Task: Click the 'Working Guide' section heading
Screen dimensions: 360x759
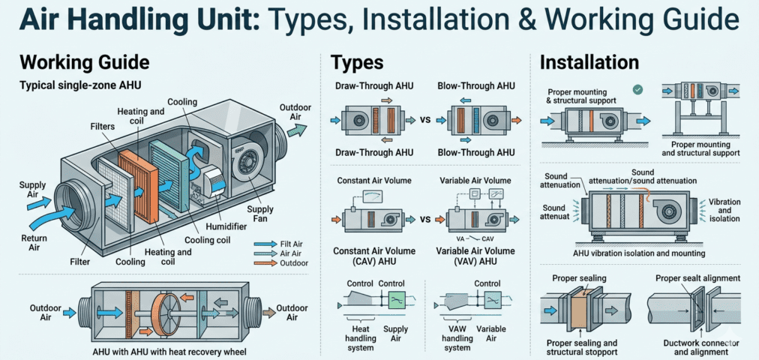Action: (x=85, y=61)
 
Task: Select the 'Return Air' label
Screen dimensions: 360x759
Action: (x=28, y=241)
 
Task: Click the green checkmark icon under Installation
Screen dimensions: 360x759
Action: (x=637, y=89)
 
